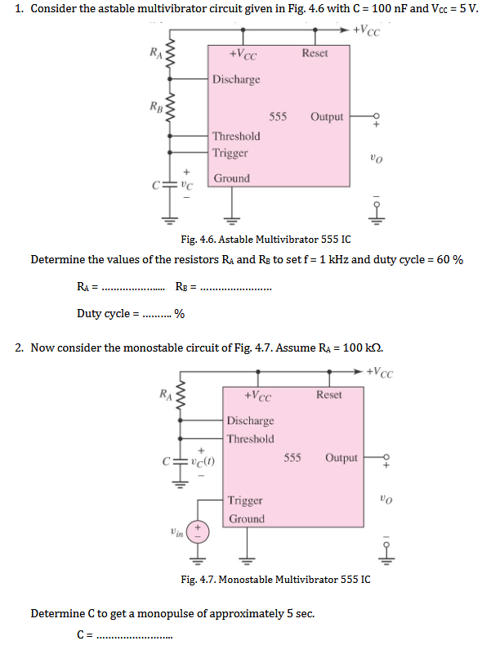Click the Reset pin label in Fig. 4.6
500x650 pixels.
click(315, 53)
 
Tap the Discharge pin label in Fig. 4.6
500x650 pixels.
click(236, 79)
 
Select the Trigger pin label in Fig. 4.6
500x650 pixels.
click(230, 153)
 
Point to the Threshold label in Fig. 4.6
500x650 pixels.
click(236, 136)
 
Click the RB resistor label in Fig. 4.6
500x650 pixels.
click(155, 105)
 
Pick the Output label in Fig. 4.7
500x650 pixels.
click(341, 457)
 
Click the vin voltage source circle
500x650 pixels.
click(196, 532)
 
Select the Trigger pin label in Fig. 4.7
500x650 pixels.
click(245, 500)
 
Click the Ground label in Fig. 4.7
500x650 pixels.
click(247, 519)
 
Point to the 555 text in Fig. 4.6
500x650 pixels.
click(278, 117)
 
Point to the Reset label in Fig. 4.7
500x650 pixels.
click(329, 394)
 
